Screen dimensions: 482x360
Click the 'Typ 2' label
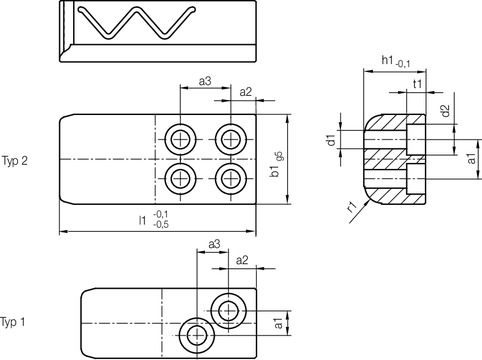coord(15,161)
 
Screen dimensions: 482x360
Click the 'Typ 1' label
coord(13,322)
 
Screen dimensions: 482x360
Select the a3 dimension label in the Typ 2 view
coord(205,81)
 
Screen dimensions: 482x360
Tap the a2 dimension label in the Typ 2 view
coord(246,92)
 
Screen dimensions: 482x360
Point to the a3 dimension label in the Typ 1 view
coord(214,244)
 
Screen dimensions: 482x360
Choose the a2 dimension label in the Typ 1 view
coord(242,260)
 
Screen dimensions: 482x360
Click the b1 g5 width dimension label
coord(277,164)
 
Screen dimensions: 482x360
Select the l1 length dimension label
coord(154,219)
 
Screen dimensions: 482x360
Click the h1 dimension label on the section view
coord(396,61)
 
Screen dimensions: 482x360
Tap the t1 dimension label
coord(417,84)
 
